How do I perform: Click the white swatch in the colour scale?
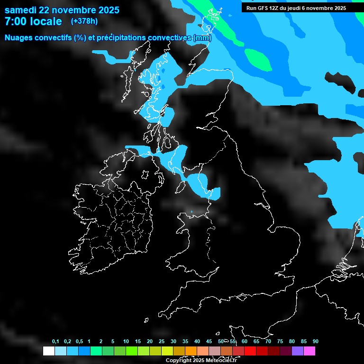[48, 351]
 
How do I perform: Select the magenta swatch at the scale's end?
[309, 351]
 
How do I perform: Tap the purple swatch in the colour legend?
[298, 351]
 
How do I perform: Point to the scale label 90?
[316, 341]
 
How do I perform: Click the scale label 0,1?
[55, 341]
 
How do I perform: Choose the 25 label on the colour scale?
[162, 341]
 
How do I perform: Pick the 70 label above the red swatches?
[268, 341]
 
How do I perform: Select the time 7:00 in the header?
[16, 21]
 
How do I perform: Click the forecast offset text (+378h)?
[84, 21]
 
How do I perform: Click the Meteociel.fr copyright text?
[201, 360]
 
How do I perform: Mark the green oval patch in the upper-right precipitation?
[258, 59]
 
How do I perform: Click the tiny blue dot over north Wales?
[191, 211]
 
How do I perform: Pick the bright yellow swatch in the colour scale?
[167, 351]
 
